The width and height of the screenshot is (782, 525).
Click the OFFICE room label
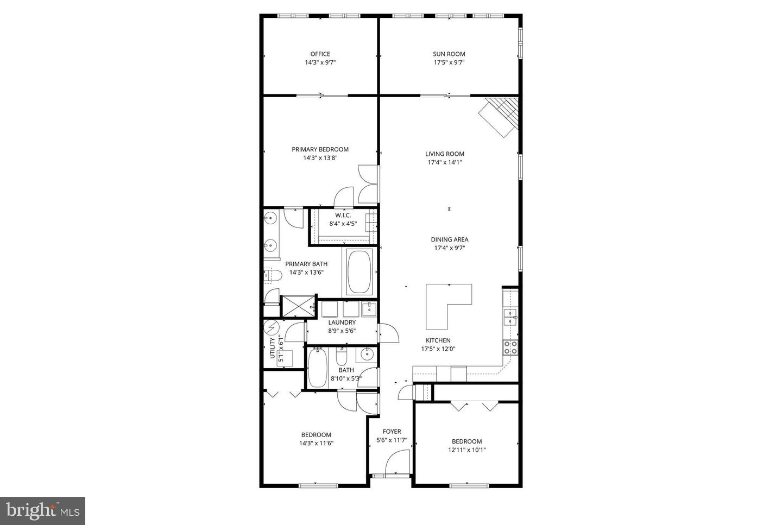320,54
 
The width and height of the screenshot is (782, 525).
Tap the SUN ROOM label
449,54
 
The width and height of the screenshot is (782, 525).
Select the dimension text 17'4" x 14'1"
444,162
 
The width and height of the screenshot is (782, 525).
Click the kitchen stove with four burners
510,347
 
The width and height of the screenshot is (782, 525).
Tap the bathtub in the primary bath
358,271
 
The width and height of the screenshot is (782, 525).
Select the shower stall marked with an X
296,306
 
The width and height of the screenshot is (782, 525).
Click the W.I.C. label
343,215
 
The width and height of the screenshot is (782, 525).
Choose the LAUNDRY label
342,322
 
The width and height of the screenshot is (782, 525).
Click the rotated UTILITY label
273,348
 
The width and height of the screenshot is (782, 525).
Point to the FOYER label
392,432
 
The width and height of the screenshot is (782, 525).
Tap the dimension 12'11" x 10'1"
466,450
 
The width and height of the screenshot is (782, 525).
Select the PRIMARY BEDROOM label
320,149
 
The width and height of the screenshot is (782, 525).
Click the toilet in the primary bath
272,276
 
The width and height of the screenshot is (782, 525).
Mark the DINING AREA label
449,239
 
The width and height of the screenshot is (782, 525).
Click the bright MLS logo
42,511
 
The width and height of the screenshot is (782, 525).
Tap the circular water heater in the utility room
271,327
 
